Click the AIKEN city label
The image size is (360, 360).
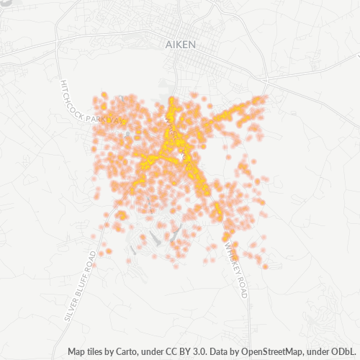pyautogui.click(x=180, y=44)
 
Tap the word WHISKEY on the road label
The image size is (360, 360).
pyautogui.click(x=233, y=258)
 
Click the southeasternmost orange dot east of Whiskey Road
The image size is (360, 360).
pyautogui.click(x=266, y=266)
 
